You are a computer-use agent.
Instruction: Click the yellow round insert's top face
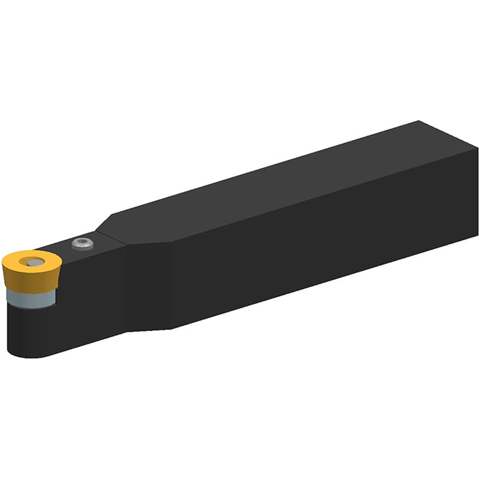point(21,262)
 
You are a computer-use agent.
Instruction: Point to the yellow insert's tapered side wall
point(27,281)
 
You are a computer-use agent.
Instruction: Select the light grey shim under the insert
point(33,298)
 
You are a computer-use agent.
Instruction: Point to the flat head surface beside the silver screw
point(99,245)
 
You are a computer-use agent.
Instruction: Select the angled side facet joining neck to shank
point(150,281)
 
